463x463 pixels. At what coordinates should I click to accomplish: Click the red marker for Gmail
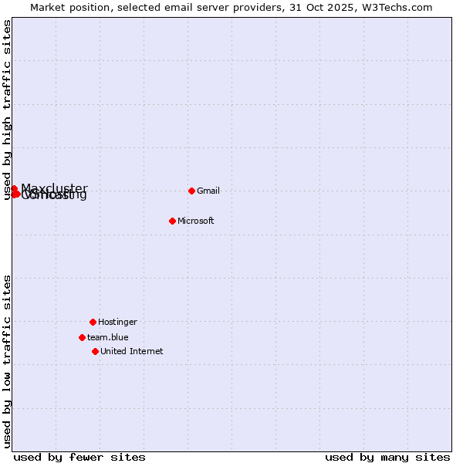click(x=191, y=191)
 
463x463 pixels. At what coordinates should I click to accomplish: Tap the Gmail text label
click(x=208, y=191)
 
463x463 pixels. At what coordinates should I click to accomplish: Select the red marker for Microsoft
click(x=172, y=221)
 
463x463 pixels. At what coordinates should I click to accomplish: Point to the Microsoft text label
click(x=196, y=221)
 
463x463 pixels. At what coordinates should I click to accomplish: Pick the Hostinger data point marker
click(x=93, y=322)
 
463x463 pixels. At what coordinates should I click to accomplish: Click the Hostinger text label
click(x=117, y=323)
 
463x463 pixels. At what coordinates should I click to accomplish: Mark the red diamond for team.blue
click(x=82, y=337)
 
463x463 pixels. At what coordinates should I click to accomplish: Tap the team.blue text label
click(x=108, y=338)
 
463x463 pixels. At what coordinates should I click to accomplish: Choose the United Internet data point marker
click(x=95, y=351)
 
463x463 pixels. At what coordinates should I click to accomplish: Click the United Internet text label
click(x=132, y=352)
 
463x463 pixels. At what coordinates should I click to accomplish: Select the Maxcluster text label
click(x=55, y=188)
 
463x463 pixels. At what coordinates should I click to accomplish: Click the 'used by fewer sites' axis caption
click(x=79, y=457)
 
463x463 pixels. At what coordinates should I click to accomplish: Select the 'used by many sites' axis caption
click(x=387, y=457)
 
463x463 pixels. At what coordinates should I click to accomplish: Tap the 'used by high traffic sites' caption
click(x=7, y=110)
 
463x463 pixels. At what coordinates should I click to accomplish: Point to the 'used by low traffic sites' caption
click(x=7, y=361)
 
